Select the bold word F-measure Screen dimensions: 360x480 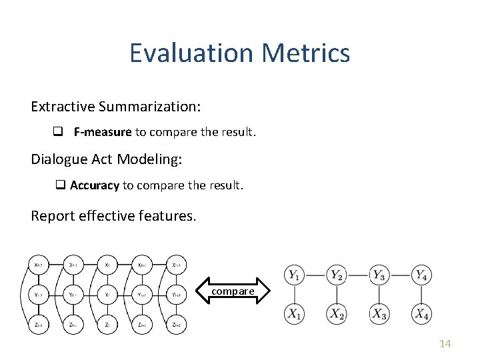point(103,132)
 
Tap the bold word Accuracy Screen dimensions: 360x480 point(94,185)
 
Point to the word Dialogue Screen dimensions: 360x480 point(57,159)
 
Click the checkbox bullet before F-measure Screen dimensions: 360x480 point(58,132)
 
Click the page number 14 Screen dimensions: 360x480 point(445,343)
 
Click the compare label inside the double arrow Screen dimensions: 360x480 point(233,291)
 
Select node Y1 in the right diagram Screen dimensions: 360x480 point(295,274)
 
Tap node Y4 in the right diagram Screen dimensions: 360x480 point(420,274)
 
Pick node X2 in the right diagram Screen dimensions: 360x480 point(337,313)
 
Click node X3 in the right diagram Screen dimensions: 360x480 point(379,313)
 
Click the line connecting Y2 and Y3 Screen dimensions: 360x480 point(358,274)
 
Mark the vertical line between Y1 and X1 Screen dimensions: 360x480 point(295,293)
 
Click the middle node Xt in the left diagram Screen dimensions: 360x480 point(107,264)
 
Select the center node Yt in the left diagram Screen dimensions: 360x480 point(107,294)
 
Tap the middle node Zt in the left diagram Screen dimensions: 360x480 point(107,325)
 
